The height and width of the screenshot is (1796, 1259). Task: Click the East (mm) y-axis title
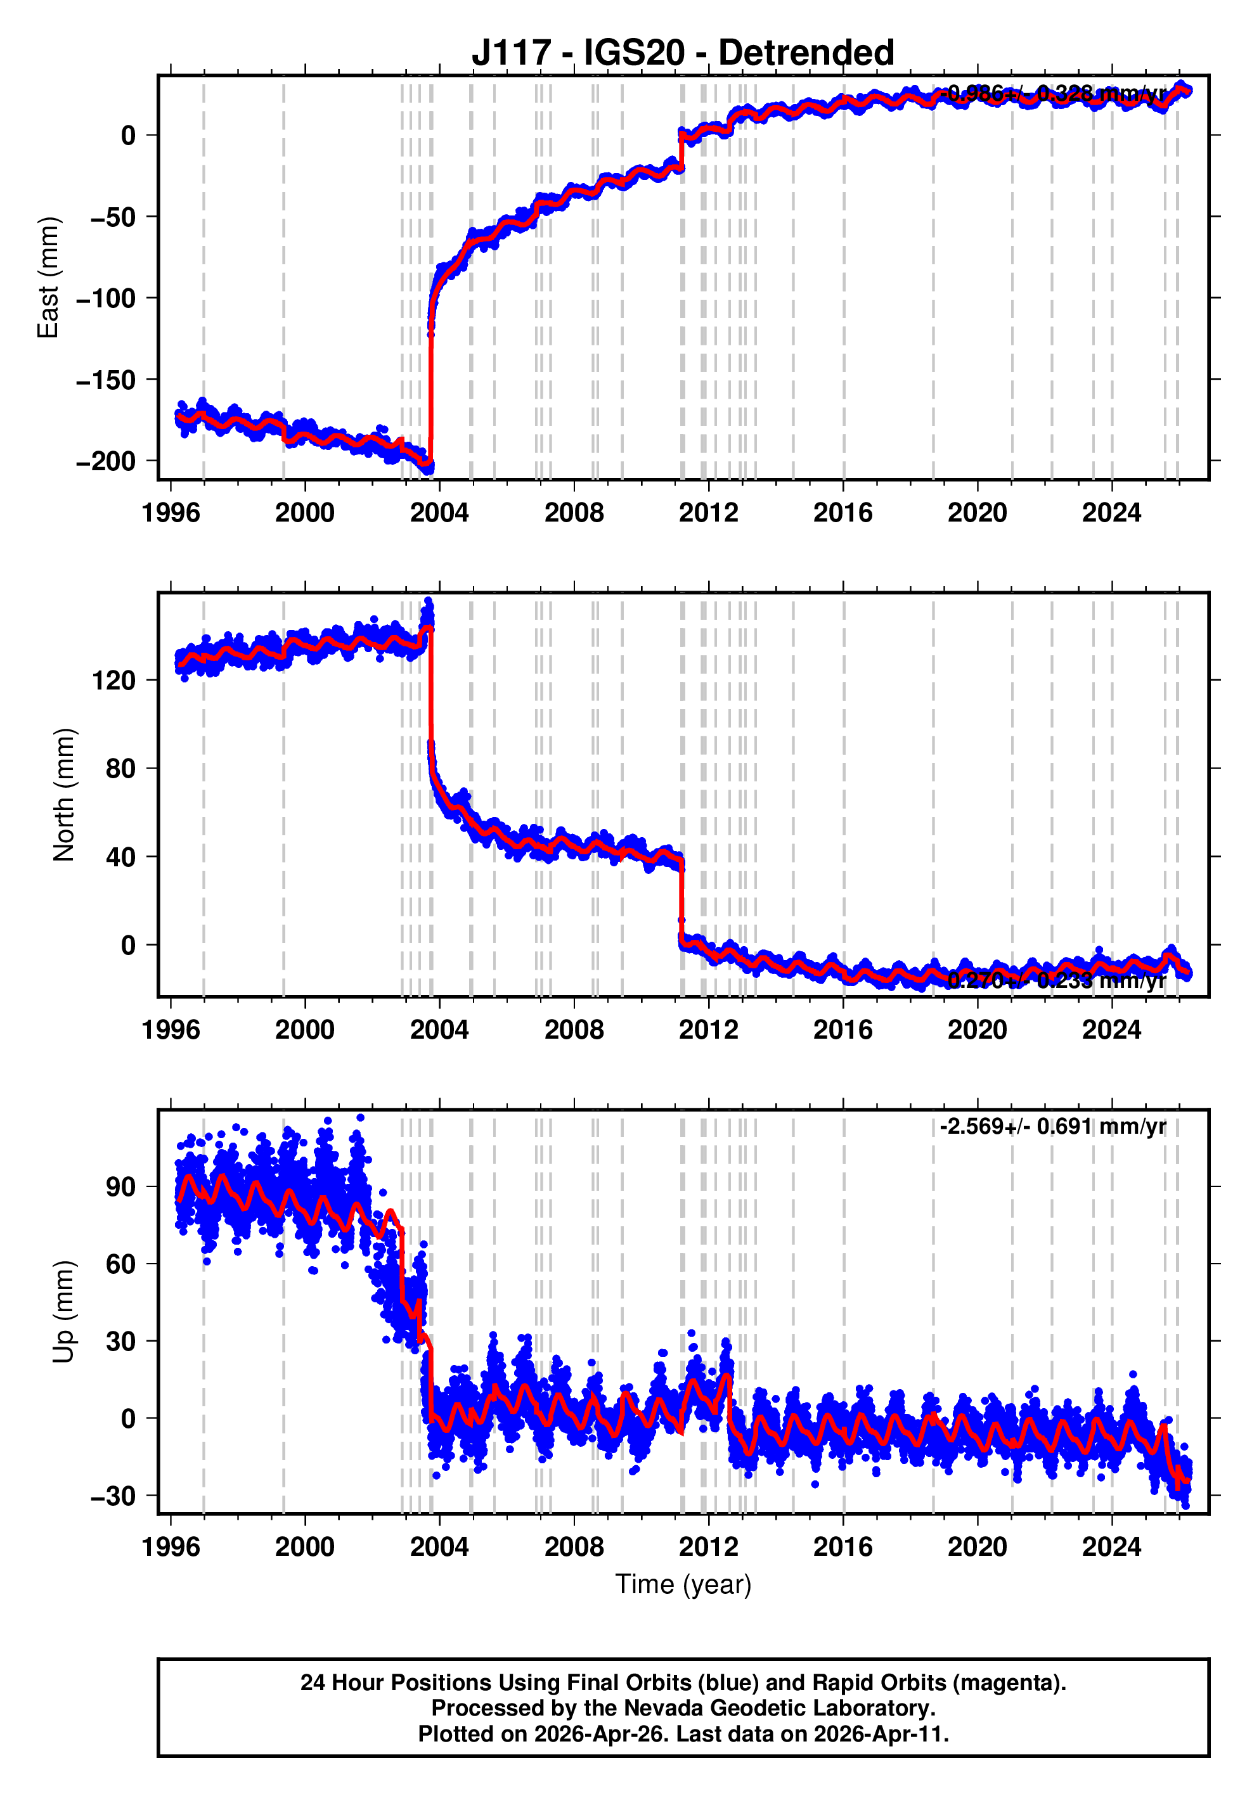pos(49,278)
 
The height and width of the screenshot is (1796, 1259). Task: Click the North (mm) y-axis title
pos(64,795)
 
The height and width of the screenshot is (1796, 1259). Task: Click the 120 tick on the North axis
pos(114,681)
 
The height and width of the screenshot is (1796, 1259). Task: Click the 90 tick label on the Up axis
pos(120,1186)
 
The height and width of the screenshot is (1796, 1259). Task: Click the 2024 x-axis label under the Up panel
pos(1111,1546)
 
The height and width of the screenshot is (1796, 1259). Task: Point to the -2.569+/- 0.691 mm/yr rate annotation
pos(1052,1126)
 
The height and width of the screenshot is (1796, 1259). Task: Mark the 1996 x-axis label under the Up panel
pos(171,1546)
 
